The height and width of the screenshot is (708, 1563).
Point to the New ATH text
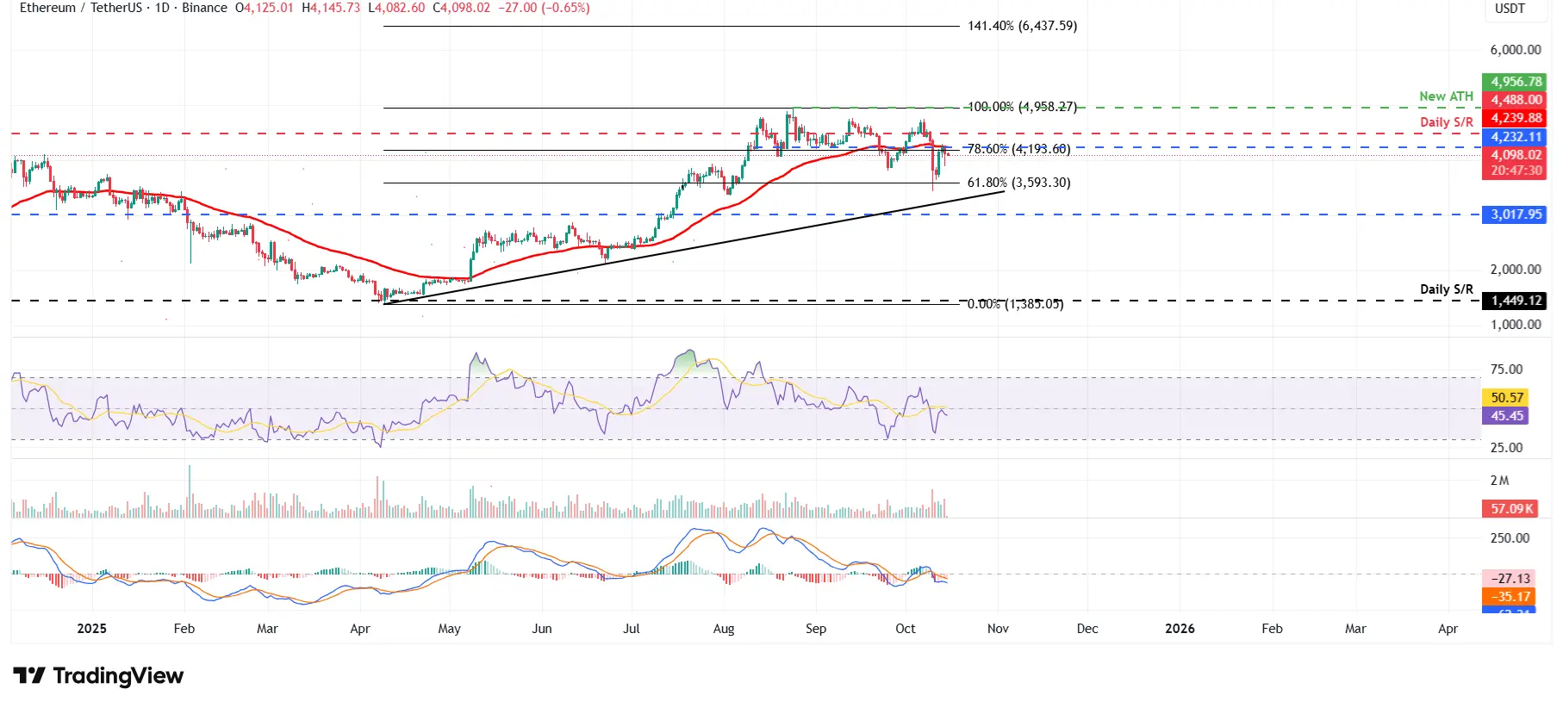click(x=1446, y=96)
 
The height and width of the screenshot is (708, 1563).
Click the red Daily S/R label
click(x=1446, y=122)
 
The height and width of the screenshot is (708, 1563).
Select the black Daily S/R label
click(x=1446, y=289)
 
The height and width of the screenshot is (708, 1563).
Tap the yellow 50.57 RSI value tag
click(x=1507, y=397)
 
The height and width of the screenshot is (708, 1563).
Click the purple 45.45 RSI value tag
click(x=1507, y=416)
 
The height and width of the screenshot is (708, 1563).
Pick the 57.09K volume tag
click(x=1511, y=508)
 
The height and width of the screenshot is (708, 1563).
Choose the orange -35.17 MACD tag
click(x=1511, y=597)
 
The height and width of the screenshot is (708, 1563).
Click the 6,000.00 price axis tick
click(x=1515, y=50)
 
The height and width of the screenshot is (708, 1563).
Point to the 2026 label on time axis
click(x=1180, y=629)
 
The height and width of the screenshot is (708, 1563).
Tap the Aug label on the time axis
click(x=724, y=629)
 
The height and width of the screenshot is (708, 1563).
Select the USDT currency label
click(x=1510, y=9)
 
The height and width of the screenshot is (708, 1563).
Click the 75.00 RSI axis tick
click(x=1506, y=370)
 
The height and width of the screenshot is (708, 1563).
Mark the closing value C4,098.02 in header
click(x=461, y=8)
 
